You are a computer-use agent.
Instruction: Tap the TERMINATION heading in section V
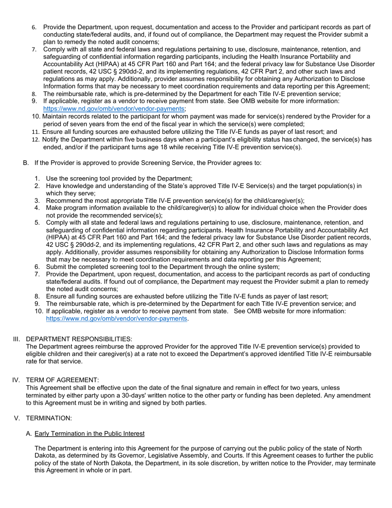(49, 418)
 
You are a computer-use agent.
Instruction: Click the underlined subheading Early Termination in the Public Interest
(90, 434)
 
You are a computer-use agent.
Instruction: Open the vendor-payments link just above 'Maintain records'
(113, 109)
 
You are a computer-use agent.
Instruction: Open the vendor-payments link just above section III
(116, 319)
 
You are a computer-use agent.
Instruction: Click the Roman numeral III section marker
(17, 339)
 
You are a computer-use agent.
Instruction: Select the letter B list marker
(26, 163)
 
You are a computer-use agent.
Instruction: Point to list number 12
(35, 140)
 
